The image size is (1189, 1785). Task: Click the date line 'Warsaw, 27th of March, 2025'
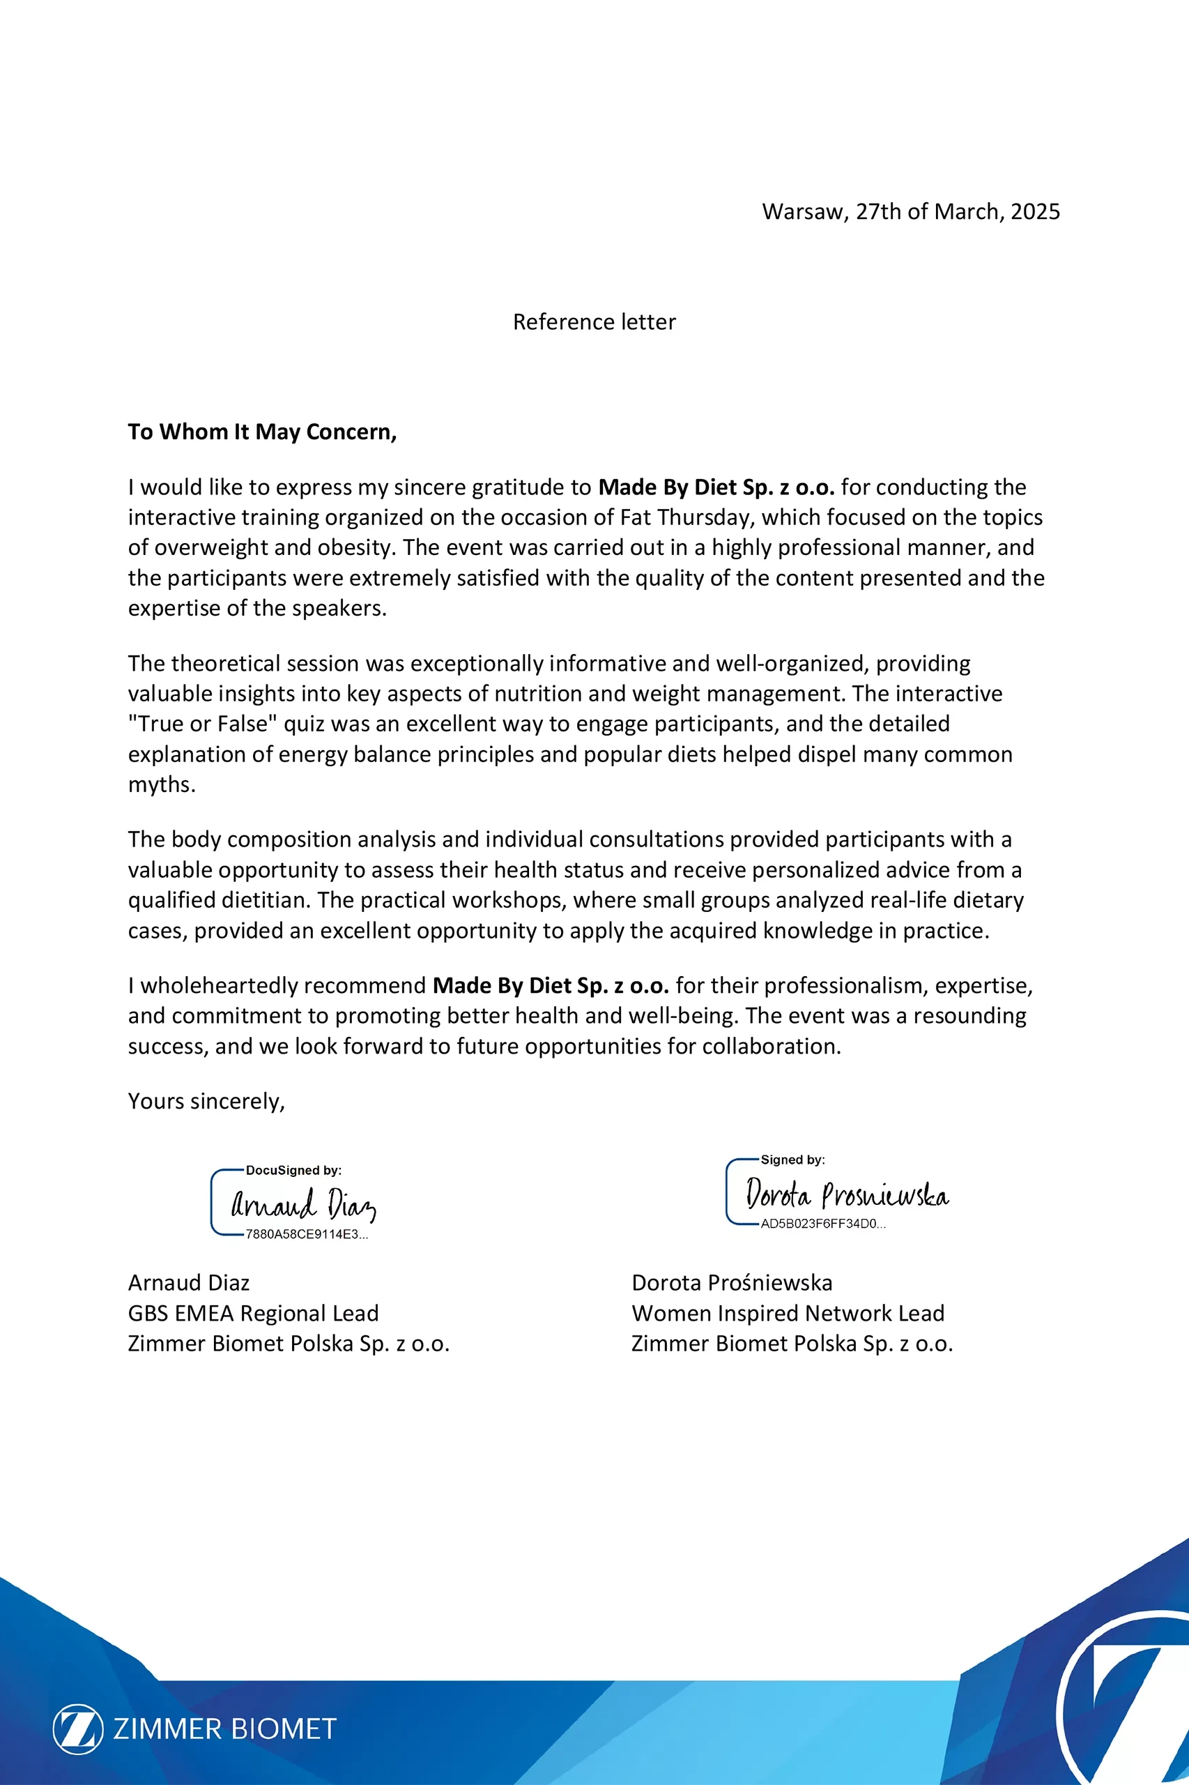(911, 212)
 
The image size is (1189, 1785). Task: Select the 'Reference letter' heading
(594, 322)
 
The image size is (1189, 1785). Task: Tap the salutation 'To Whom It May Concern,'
(261, 432)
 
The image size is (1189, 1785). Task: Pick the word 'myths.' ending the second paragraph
(162, 784)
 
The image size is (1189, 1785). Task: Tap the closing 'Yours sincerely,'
(206, 1102)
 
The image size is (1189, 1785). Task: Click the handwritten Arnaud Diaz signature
(302, 1204)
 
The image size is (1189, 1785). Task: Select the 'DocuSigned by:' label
(293, 1171)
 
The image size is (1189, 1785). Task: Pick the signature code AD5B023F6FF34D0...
(822, 1224)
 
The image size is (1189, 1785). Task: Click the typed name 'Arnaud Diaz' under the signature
(189, 1283)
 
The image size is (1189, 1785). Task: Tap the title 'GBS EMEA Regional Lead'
(252, 1313)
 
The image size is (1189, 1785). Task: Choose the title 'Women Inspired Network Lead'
(788, 1313)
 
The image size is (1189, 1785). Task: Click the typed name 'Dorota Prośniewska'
(732, 1283)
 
